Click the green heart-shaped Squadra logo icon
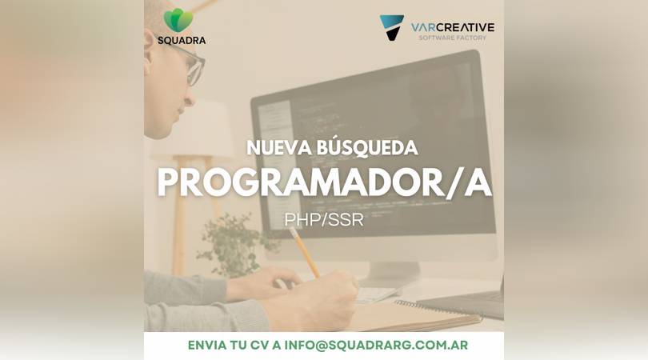(178, 20)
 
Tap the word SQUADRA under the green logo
(182, 41)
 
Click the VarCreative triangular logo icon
(391, 27)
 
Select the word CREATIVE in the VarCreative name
(465, 28)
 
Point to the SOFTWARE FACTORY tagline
(453, 38)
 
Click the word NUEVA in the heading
(279, 148)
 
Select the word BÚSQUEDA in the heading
(367, 147)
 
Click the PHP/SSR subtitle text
(324, 220)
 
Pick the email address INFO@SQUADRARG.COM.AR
(376, 345)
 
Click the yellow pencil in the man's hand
(304, 252)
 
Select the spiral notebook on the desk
(414, 315)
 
